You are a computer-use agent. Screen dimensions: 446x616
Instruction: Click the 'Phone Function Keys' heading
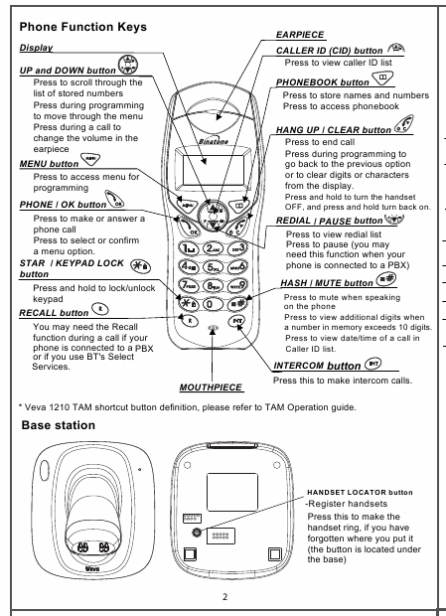pos(82,27)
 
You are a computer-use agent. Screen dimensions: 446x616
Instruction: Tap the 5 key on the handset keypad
pos(213,267)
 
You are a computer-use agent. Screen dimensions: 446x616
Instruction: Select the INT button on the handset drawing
pos(237,321)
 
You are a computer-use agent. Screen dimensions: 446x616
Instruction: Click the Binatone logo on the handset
pos(214,141)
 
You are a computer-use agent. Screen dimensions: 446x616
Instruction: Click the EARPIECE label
pos(300,35)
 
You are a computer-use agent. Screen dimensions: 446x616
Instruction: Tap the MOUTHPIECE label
pos(211,387)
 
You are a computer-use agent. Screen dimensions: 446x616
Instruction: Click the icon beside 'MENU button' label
pos(90,159)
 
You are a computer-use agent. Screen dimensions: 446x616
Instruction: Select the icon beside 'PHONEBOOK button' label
pos(382,78)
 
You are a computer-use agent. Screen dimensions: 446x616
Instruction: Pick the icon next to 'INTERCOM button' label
pos(372,364)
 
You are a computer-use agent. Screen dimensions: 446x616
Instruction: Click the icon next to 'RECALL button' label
pos(100,310)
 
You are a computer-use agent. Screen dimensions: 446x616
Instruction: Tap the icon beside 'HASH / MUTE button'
pos(386,279)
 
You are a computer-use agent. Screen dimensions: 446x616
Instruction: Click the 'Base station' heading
pos(58,425)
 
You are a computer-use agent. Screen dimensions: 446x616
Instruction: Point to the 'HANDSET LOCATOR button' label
pos(360,492)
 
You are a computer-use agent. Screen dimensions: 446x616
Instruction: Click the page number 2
pos(224,597)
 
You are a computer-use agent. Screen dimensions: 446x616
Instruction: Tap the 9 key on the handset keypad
pos(237,285)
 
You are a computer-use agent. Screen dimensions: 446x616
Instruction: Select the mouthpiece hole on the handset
pos(213,327)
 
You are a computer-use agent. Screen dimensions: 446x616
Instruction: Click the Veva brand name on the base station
pos(92,569)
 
